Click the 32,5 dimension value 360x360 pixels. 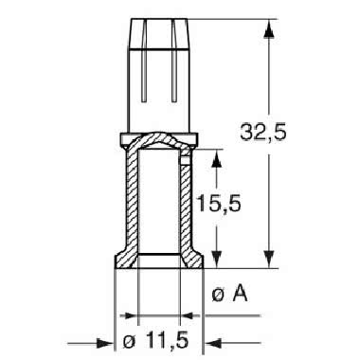tap(308, 134)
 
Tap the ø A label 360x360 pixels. tap(231, 296)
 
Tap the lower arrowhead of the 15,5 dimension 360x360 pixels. tap(218, 259)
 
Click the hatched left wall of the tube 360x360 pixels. tap(133, 204)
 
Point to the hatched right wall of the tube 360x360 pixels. tap(184, 204)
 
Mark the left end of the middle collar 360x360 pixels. tap(122, 141)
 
